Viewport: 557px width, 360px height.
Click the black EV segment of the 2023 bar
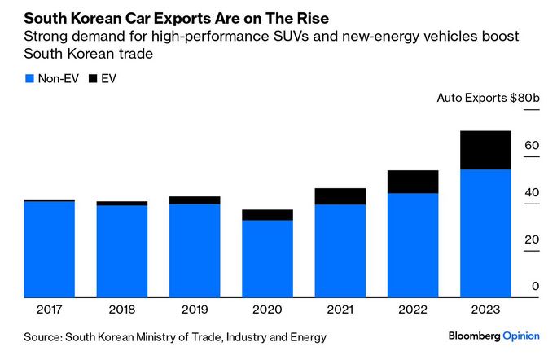coord(485,150)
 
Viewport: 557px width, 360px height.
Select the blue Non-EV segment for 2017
coord(50,249)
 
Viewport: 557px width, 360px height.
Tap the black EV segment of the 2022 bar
coord(413,182)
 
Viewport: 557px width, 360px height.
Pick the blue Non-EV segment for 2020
coord(267,258)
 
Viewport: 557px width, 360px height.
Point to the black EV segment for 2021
coord(340,196)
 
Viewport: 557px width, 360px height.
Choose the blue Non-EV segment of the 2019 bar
coord(195,250)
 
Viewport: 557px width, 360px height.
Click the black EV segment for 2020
coord(267,215)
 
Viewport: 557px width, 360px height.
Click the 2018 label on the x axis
coord(122,310)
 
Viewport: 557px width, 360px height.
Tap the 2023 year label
coord(485,310)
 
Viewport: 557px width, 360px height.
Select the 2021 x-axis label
coord(340,310)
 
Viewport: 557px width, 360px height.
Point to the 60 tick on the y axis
coord(532,145)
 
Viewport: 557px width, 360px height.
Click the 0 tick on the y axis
coord(536,286)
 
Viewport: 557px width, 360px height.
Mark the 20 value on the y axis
coord(532,239)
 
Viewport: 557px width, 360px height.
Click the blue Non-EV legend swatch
coord(29,78)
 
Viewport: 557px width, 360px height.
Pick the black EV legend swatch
coord(92,78)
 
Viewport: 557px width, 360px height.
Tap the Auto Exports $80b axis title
coord(489,98)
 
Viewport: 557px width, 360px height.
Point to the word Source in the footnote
coord(42,337)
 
